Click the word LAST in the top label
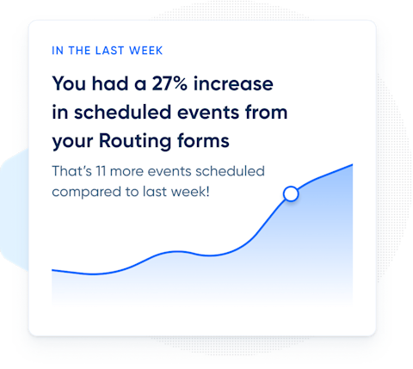(x=105, y=50)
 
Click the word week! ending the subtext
(x=188, y=190)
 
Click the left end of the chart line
(x=53, y=270)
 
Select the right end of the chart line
(x=352, y=164)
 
